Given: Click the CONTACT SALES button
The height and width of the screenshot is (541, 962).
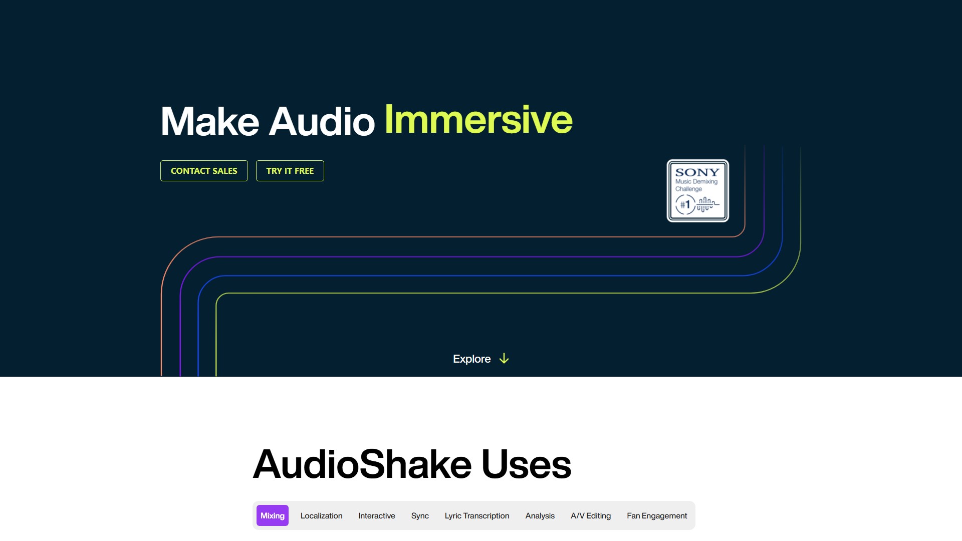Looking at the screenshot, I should click(204, 171).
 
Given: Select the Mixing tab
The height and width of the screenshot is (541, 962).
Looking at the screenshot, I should click(273, 515).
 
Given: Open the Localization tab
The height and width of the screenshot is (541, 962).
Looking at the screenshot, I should click(321, 515).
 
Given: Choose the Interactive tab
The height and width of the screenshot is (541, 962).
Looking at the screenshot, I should click(377, 515).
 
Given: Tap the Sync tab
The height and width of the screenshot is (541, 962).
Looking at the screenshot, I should click(420, 515).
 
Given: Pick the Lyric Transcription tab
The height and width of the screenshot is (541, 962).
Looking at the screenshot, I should click(477, 515).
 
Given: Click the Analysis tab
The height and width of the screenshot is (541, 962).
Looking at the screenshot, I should click(540, 515).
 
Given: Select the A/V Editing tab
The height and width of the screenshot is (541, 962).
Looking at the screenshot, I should click(591, 515).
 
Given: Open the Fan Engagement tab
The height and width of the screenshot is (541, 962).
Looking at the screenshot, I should click(657, 515).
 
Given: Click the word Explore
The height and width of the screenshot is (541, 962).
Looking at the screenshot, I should click(471, 359).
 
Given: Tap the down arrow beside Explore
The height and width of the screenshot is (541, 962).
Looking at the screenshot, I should click(504, 359).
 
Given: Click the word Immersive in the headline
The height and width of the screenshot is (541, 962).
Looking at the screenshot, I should click(478, 120).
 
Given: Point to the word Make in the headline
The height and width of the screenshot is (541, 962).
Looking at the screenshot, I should click(209, 121).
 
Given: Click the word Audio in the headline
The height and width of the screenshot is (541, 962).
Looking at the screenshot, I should click(322, 121).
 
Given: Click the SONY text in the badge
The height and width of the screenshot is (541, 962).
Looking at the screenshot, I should click(697, 172).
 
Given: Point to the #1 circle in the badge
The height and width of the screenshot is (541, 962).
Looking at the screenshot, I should click(685, 204).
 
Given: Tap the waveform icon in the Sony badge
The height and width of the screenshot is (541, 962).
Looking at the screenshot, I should click(707, 204).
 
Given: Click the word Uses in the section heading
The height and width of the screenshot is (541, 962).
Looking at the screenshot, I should click(526, 464).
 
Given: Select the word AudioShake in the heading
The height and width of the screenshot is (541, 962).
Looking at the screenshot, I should click(362, 464).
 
